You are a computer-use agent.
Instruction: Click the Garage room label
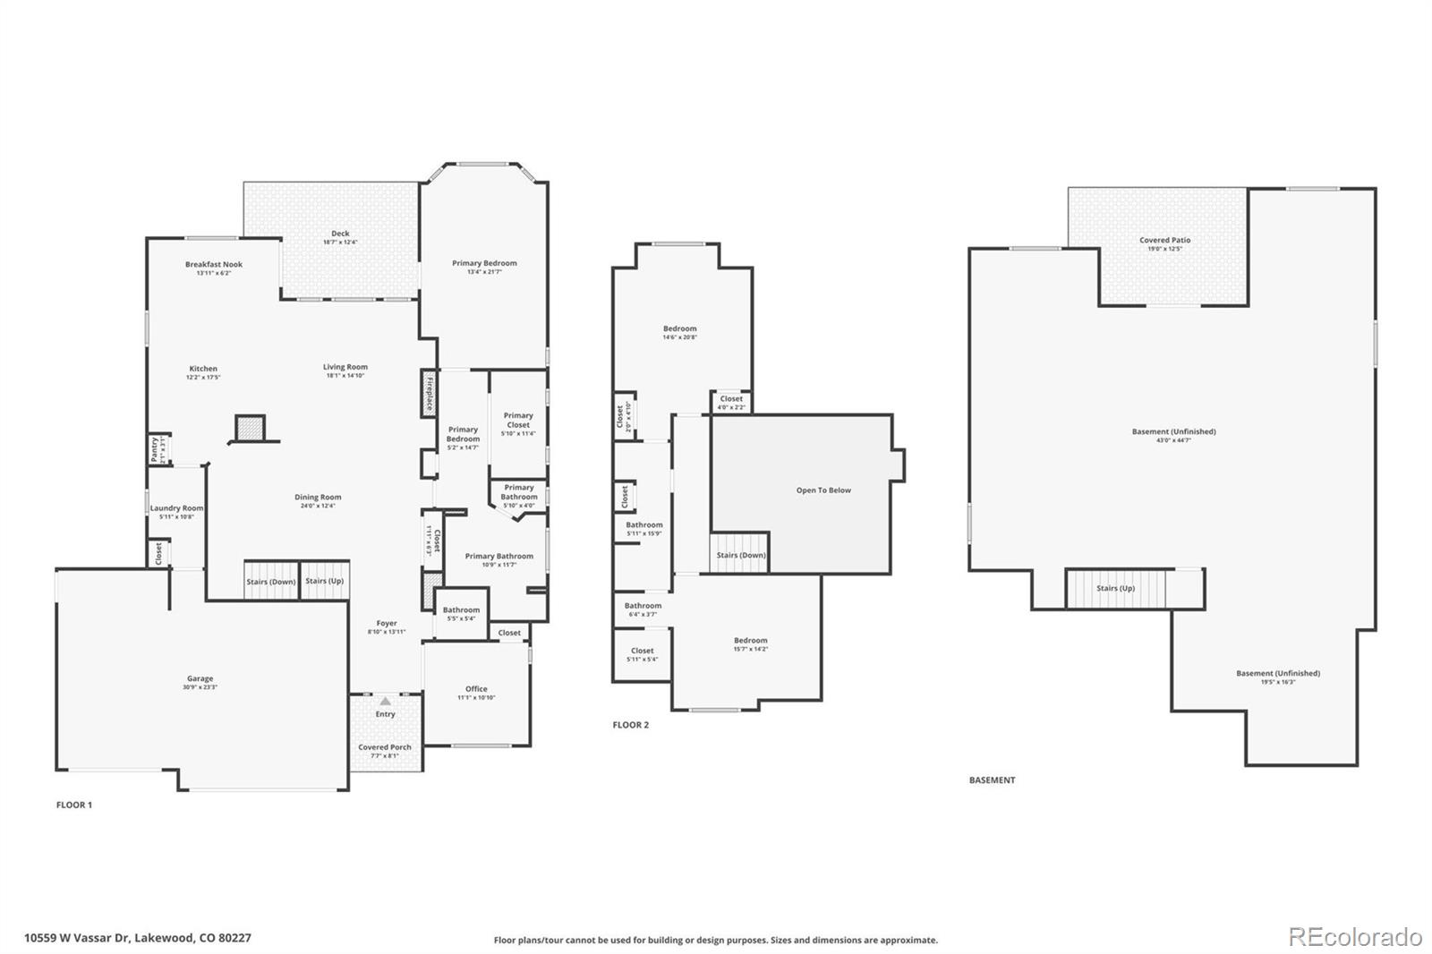point(200,678)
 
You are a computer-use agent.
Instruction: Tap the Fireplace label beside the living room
point(430,394)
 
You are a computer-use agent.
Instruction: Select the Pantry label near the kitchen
point(154,449)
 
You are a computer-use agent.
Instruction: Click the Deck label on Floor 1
point(340,234)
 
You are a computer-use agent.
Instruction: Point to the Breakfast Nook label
point(214,264)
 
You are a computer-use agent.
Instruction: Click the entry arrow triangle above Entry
point(385,702)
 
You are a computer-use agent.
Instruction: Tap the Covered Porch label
point(385,747)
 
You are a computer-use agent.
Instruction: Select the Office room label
point(476,689)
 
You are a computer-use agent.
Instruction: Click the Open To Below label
point(823,490)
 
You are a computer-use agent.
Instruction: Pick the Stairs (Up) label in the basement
point(1115,588)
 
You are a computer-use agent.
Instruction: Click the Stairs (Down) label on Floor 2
point(741,555)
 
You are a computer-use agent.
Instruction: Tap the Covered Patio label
point(1164,240)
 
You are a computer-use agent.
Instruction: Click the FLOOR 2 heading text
point(630,725)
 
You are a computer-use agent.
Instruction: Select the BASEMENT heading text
point(992,780)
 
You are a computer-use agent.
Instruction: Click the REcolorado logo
point(1355,937)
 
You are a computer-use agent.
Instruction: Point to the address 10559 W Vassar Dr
point(137,938)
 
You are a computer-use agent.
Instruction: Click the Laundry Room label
point(176,508)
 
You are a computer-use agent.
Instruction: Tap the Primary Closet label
point(518,420)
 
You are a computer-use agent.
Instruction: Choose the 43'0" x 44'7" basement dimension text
point(1173,440)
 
